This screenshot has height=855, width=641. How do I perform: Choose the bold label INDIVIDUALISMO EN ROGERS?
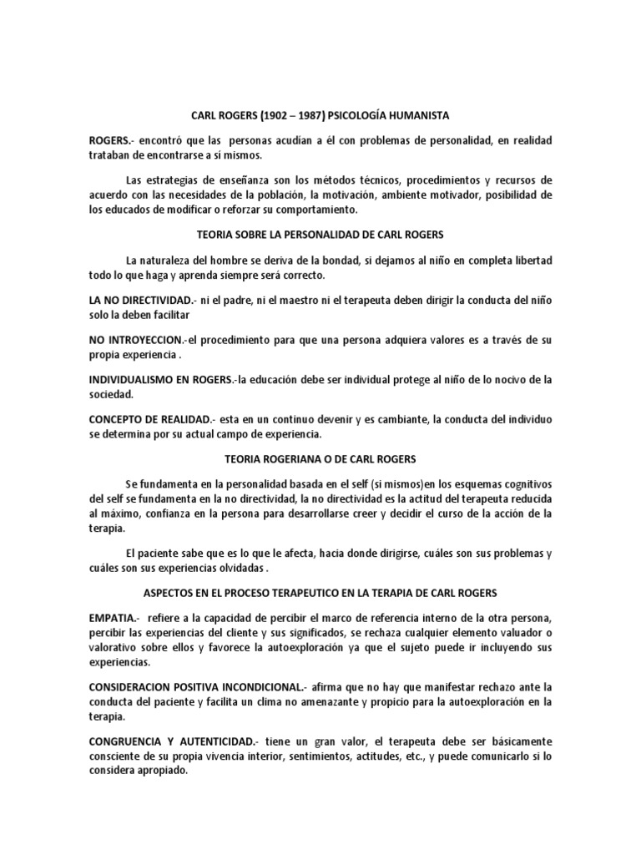click(160, 380)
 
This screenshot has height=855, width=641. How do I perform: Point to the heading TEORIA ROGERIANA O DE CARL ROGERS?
click(320, 459)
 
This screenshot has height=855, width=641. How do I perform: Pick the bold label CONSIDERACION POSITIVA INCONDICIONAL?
click(209, 687)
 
